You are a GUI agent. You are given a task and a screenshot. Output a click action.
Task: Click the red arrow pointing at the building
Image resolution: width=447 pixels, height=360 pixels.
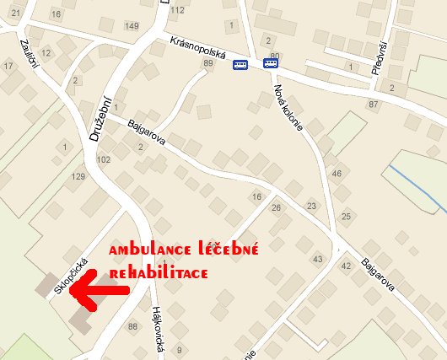pyautogui.click(x=97, y=290)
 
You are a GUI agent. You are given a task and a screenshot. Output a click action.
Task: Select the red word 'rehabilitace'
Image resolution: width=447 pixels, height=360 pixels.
pyautogui.click(x=158, y=274)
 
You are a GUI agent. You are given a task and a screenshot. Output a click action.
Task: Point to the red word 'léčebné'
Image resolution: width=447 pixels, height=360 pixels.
pyautogui.click(x=229, y=250)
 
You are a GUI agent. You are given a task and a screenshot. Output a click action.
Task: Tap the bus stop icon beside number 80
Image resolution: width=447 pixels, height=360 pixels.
pyautogui.click(x=270, y=62)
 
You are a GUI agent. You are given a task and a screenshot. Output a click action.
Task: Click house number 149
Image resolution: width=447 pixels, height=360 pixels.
pyautogui.click(x=132, y=26)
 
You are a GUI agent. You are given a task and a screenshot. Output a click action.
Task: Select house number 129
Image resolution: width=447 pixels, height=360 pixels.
pyautogui.click(x=79, y=176)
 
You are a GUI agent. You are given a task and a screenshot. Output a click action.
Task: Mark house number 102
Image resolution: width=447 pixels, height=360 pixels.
pyautogui.click(x=104, y=159)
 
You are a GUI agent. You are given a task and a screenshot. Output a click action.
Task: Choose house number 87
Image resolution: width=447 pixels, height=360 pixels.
pyautogui.click(x=373, y=104)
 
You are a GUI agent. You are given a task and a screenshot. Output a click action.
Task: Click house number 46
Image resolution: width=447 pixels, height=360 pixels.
pyautogui.click(x=337, y=173)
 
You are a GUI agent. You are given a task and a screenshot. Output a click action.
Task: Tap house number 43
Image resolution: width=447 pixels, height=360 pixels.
pyautogui.click(x=317, y=259)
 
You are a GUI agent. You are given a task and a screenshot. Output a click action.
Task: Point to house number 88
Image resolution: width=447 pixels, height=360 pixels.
pyautogui.click(x=132, y=326)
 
